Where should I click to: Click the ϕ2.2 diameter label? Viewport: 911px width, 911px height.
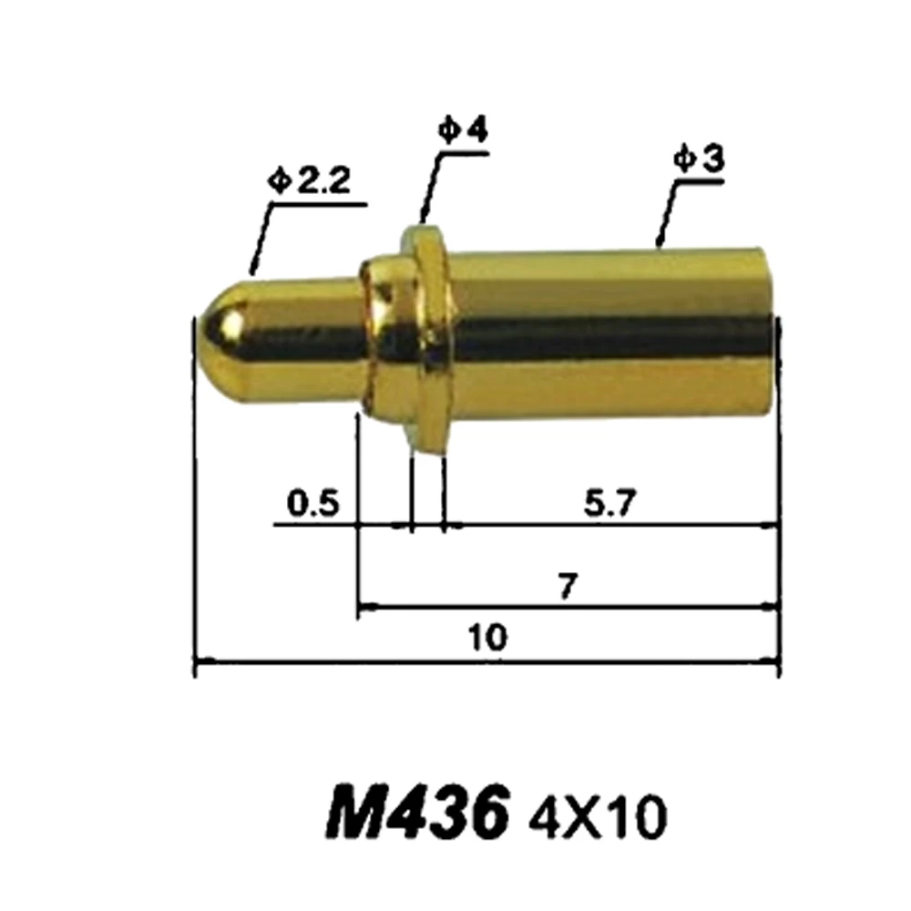click(310, 182)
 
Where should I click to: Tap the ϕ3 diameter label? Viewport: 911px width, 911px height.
click(699, 159)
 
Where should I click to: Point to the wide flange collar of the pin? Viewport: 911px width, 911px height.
click(428, 337)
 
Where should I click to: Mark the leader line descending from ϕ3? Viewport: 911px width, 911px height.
click(665, 214)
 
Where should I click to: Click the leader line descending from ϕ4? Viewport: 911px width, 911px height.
click(429, 187)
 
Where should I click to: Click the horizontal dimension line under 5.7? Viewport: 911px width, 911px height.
click(610, 525)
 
